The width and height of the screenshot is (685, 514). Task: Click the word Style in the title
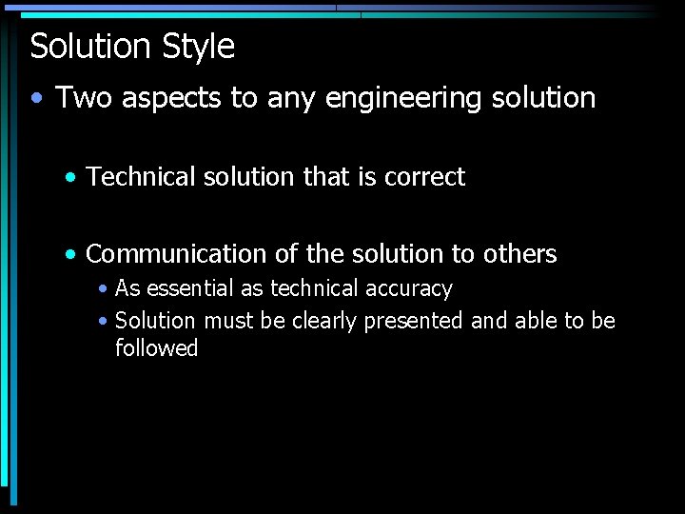tap(198, 47)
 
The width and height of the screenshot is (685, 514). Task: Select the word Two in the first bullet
tap(78, 97)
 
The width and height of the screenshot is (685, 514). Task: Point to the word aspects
tap(164, 99)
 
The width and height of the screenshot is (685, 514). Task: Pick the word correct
tap(424, 176)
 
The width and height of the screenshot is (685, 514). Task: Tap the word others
tap(519, 254)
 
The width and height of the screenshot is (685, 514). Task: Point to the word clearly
tap(323, 321)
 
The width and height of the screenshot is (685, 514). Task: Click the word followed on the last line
tap(156, 348)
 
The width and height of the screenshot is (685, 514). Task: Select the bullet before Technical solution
tap(72, 177)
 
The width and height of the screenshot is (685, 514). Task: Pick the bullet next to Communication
tap(72, 255)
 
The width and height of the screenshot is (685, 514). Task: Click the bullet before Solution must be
tap(103, 322)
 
